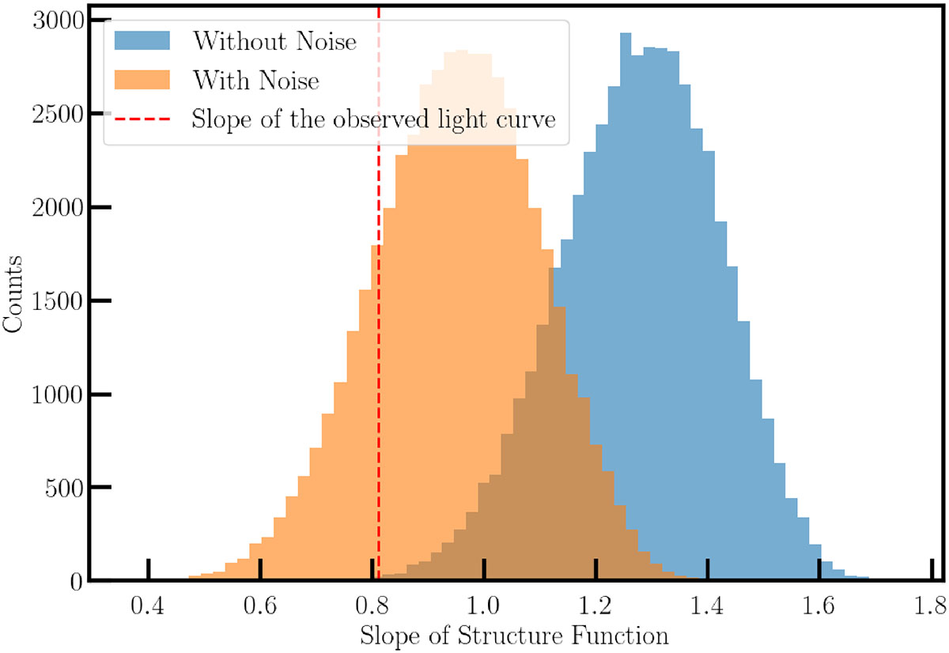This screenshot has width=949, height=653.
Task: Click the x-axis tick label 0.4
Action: [x=147, y=606]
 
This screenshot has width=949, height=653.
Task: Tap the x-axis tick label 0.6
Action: [x=259, y=606]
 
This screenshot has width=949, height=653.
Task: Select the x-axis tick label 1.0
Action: [x=483, y=606]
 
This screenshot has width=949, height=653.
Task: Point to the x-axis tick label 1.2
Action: [x=595, y=606]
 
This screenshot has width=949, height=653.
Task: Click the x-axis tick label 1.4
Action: [x=707, y=606]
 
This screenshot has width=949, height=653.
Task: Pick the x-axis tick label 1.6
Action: [x=819, y=606]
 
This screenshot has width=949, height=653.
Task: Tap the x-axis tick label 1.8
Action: [x=930, y=606]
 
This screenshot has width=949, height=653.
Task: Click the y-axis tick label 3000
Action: [x=59, y=20]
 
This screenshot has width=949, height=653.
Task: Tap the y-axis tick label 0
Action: [x=77, y=583]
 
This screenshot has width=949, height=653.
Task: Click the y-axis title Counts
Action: [x=12, y=293]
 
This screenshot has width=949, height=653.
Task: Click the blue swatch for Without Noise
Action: [x=142, y=40]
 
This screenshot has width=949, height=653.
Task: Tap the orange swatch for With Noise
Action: [x=142, y=80]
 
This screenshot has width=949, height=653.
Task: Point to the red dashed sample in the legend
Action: [x=142, y=119]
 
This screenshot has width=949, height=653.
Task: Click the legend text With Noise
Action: [x=256, y=80]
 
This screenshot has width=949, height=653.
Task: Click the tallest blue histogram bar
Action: [x=626, y=306]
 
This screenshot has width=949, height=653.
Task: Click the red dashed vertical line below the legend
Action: [x=378, y=362]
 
